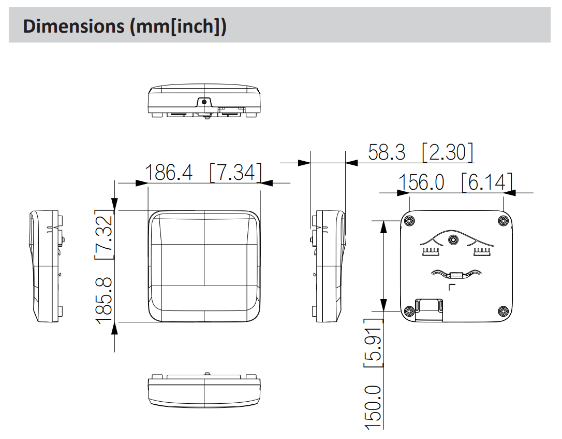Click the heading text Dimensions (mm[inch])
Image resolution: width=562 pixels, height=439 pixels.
tap(124, 26)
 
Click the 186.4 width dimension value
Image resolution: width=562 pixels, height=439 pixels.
tap(169, 172)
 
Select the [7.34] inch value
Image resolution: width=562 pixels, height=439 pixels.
tap(236, 172)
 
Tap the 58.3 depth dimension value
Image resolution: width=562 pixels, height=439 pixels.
tap(387, 152)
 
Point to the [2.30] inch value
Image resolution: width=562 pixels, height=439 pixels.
tap(448, 152)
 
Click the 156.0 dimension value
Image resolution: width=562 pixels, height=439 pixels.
tap(421, 182)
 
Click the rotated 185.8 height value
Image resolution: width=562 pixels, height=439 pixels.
tap(105, 301)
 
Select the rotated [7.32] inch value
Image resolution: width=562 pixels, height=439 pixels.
tap(105, 234)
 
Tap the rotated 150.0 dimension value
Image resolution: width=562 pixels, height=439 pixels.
tap(373, 407)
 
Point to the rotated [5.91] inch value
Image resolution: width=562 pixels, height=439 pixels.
tap(373, 343)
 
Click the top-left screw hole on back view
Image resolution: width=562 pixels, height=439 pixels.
tap(409, 220)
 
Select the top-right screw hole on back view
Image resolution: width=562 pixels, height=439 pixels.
tap(503, 220)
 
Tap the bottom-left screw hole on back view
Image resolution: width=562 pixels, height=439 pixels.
tap(409, 311)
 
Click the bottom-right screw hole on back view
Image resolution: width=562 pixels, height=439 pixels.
tap(503, 311)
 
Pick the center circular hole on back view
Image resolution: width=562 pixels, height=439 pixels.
tap(453, 239)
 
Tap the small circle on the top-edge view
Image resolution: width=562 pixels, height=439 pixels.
tap(204, 102)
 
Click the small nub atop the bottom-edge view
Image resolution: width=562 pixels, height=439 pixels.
tap(207, 374)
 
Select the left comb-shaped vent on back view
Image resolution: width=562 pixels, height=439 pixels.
tap(430, 251)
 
